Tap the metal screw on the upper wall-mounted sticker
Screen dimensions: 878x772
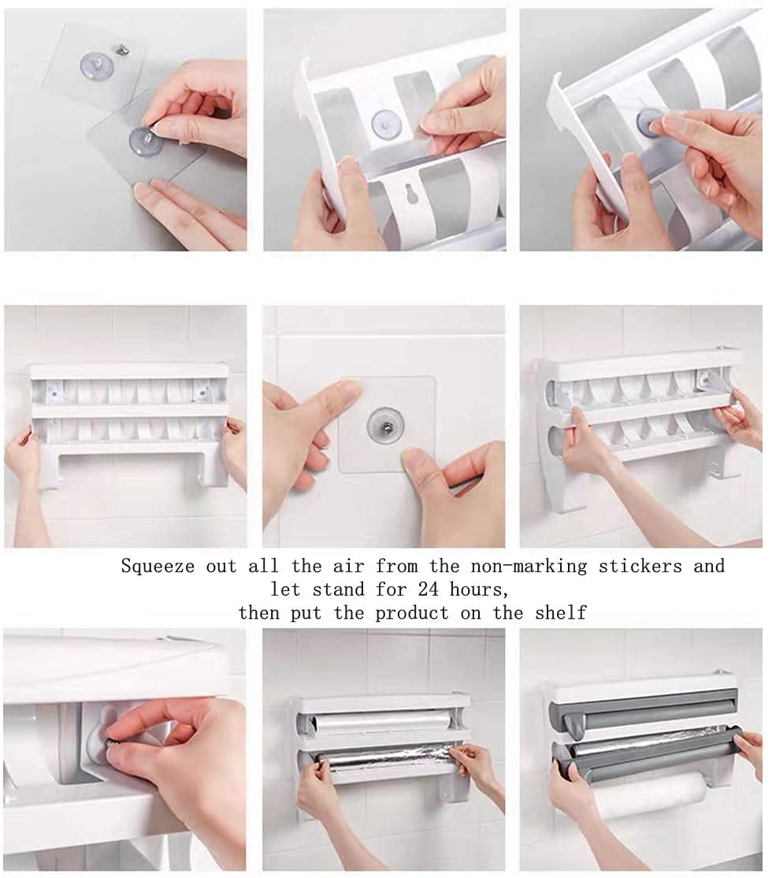click(x=121, y=50)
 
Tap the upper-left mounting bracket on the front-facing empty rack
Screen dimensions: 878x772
click(x=54, y=389)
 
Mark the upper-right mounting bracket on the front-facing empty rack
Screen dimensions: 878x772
click(x=202, y=389)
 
